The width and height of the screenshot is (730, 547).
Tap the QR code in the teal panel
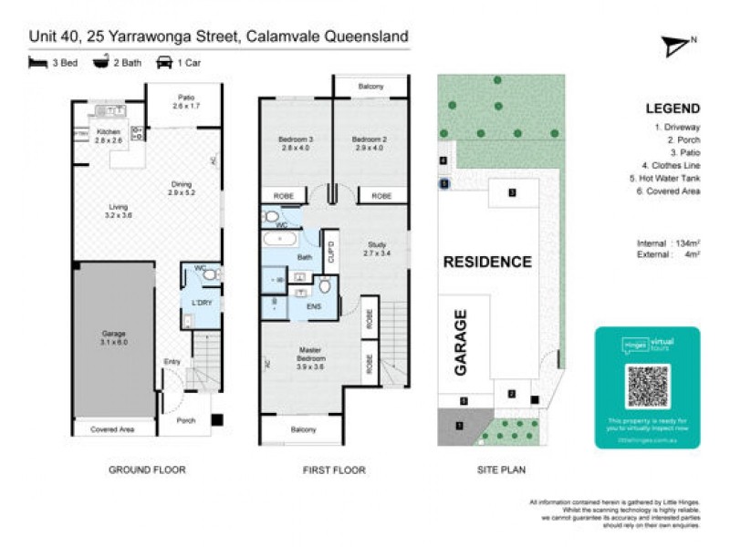[x=648, y=387]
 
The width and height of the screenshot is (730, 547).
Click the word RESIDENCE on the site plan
[x=487, y=262]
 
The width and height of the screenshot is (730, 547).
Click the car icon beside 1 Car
[x=165, y=63]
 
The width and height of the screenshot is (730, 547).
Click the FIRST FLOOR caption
[x=333, y=470]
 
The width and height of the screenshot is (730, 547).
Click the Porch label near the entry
[x=185, y=420]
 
